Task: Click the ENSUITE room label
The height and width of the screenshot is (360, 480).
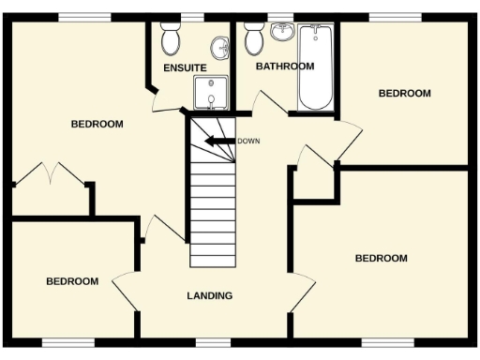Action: coord(185,68)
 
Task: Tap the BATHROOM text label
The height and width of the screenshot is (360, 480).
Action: coord(284,67)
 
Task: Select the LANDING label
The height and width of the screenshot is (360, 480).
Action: coord(209,296)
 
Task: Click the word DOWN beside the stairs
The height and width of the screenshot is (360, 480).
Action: coord(248,142)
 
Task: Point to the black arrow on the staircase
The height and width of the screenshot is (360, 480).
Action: coord(220,142)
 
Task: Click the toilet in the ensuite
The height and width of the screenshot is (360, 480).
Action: coord(170,40)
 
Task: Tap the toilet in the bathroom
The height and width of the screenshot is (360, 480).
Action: coord(252,40)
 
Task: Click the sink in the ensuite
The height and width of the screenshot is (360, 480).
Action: coord(219,45)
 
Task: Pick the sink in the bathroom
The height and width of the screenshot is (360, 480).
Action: coord(281,33)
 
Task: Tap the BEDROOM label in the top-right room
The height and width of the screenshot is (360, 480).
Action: coord(404,94)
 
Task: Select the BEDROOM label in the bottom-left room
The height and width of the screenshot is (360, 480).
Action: coord(72,281)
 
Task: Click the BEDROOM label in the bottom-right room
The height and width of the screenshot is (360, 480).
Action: coord(381,258)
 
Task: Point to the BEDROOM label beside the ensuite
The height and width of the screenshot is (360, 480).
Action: coord(97,124)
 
